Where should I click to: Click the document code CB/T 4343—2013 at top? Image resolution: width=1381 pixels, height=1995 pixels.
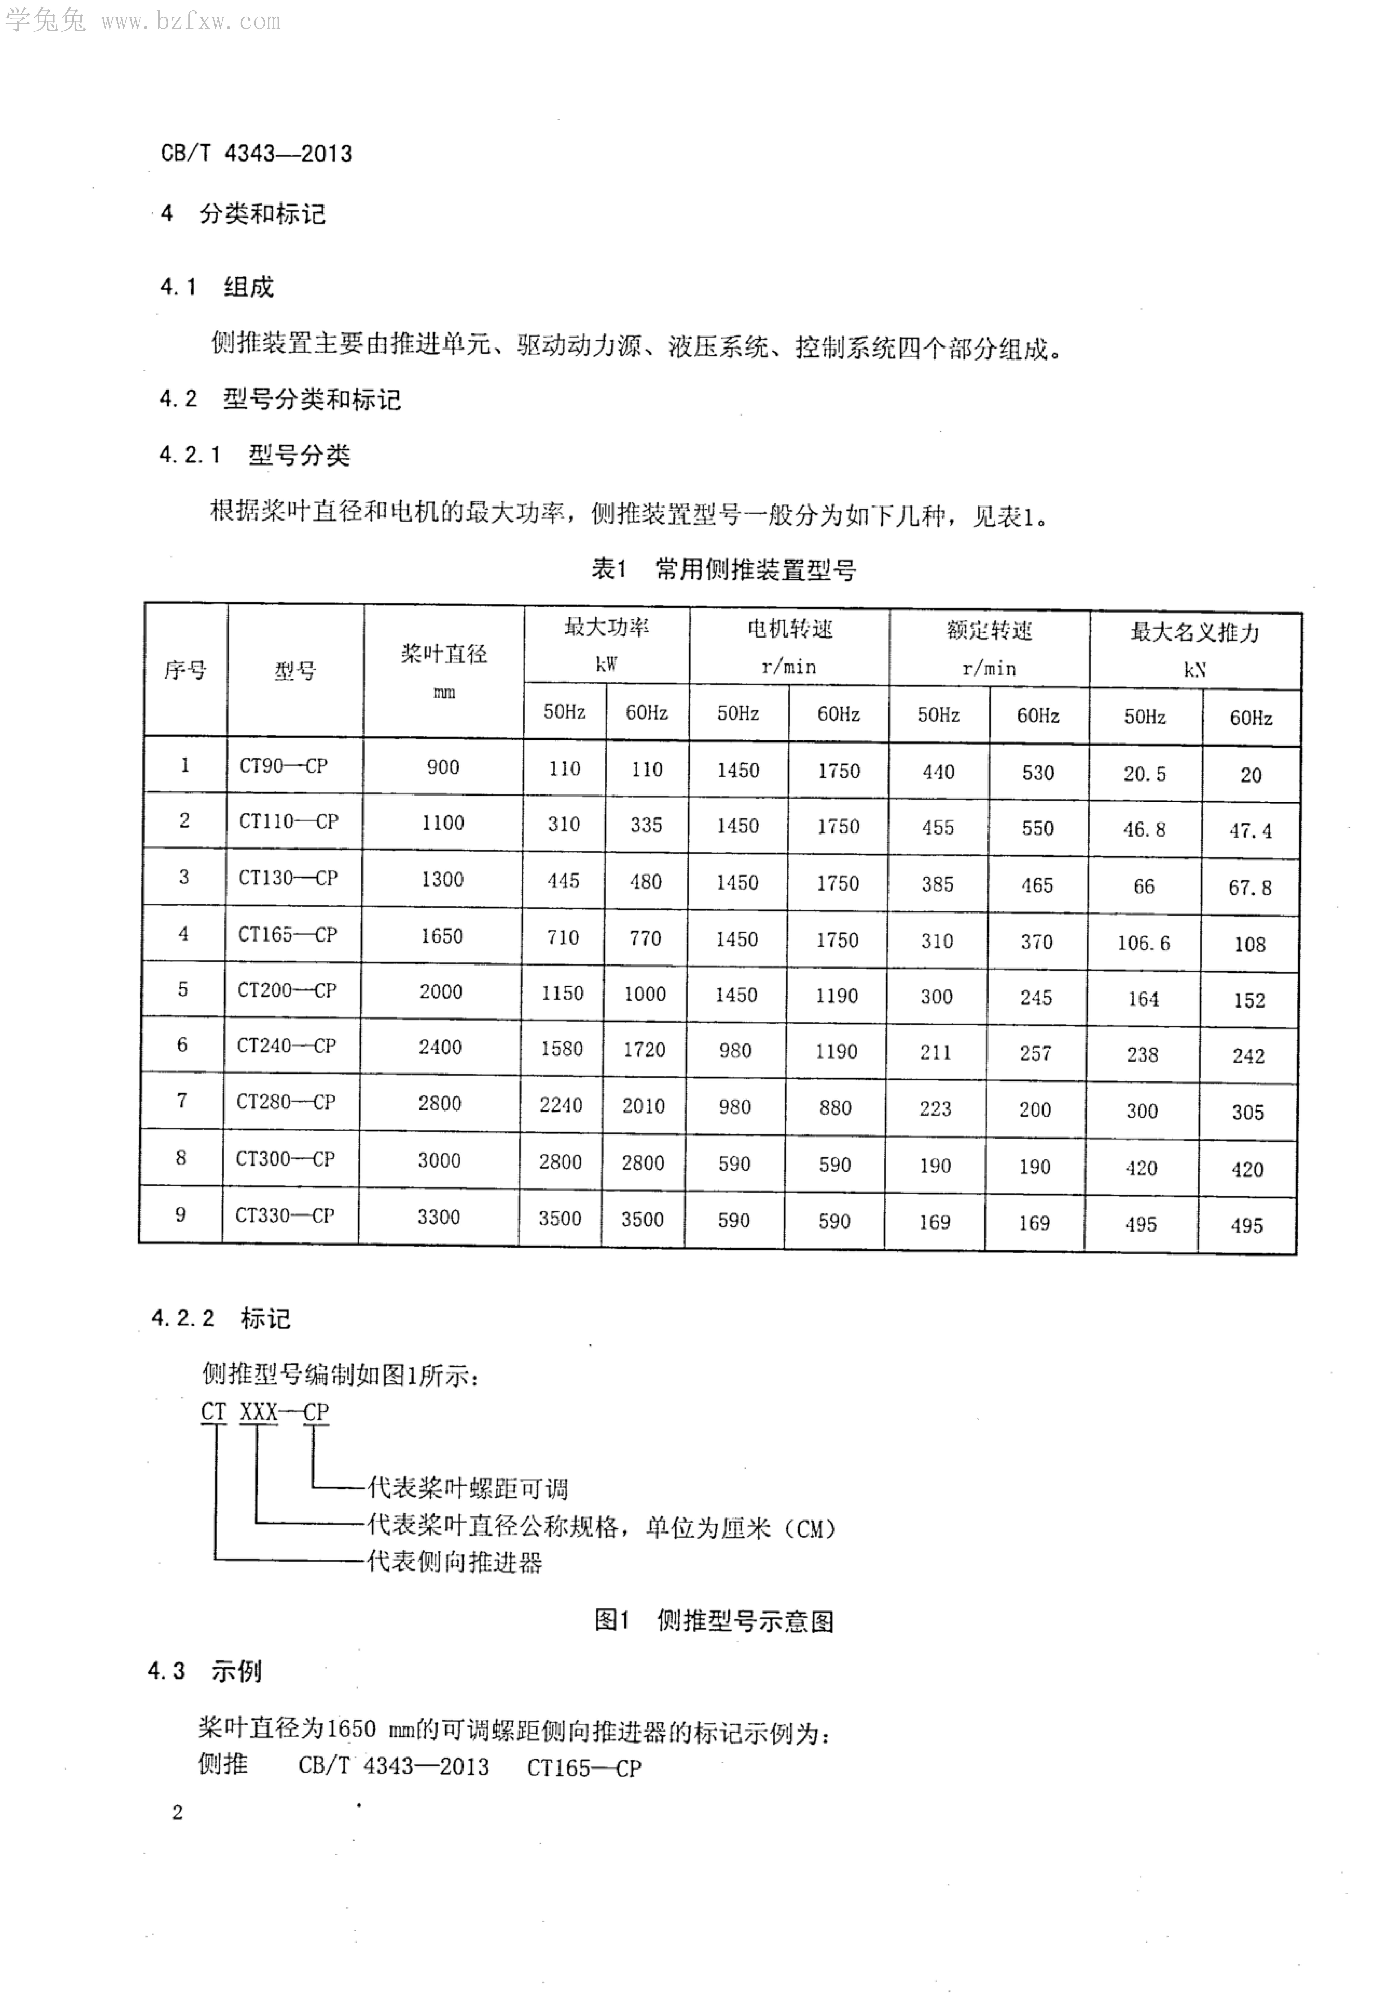[x=256, y=154]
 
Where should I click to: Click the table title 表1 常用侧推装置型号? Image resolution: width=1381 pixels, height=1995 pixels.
[x=723, y=569]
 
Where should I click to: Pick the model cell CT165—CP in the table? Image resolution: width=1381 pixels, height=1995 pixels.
[x=287, y=935]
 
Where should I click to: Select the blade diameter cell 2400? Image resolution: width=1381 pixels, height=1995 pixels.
[x=440, y=1047]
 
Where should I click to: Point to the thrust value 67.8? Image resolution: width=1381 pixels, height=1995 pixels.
[x=1249, y=887]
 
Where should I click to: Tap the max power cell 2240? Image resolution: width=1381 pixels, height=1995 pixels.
[x=561, y=1105]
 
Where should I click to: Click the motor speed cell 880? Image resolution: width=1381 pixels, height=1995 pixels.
[x=835, y=1108]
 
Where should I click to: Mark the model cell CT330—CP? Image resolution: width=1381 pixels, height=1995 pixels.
[x=285, y=1215]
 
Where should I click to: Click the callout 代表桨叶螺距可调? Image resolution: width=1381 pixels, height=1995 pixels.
[x=467, y=1488]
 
